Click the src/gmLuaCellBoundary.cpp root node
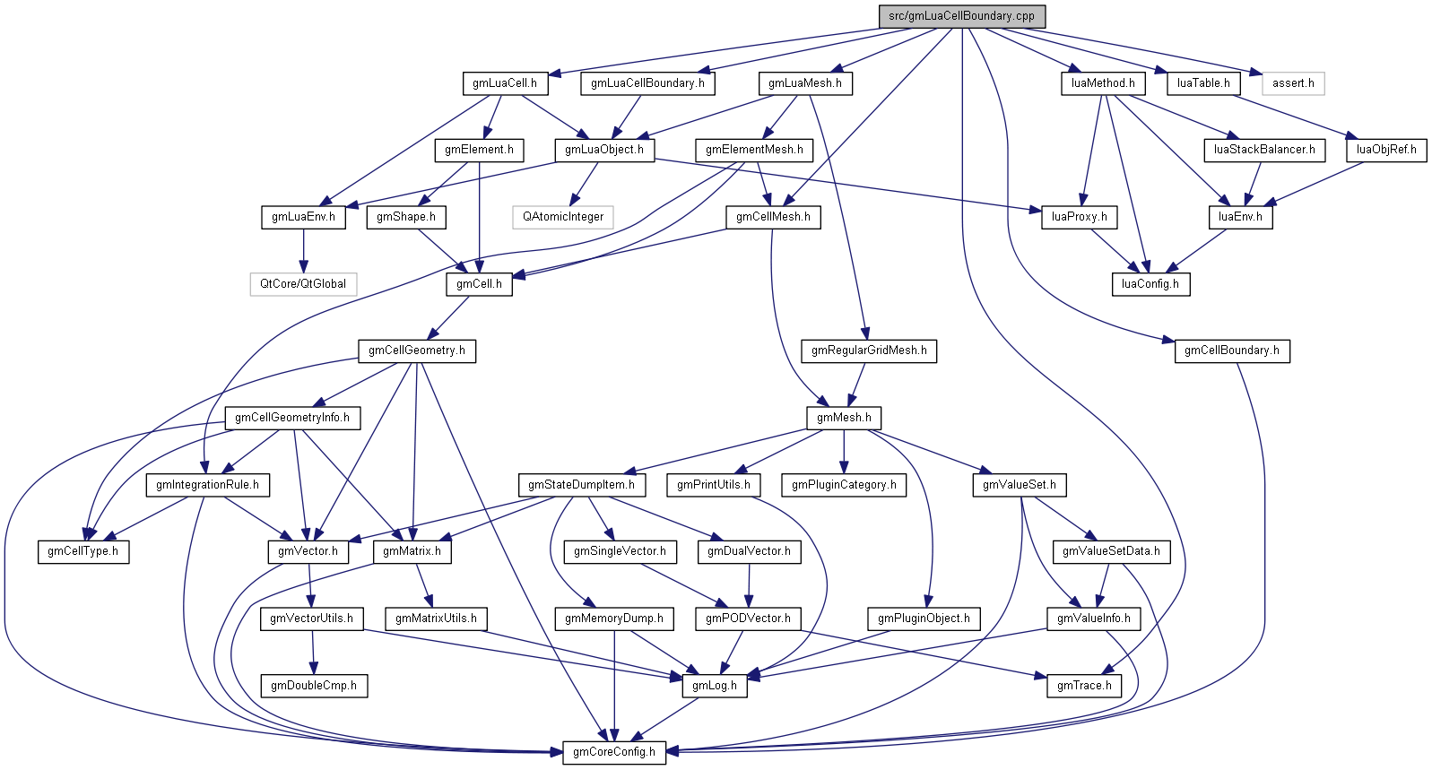[961, 16]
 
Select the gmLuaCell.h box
[505, 83]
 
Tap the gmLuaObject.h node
[603, 150]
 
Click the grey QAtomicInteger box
[563, 217]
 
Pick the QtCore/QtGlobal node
[303, 284]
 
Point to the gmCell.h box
[479, 284]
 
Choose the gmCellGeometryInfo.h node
[292, 418]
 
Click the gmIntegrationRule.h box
[207, 485]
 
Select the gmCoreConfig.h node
[614, 752]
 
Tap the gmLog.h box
[715, 686]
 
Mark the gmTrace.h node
[1084, 686]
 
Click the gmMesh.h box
[844, 418]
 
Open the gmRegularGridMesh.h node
[869, 350]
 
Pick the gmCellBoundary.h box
[1232, 350]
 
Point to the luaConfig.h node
[1150, 284]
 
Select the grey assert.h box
[1293, 83]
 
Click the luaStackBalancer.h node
[1264, 150]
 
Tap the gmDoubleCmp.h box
[314, 686]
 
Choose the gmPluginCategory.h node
[844, 485]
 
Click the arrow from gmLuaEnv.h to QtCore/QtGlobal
[303, 251]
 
